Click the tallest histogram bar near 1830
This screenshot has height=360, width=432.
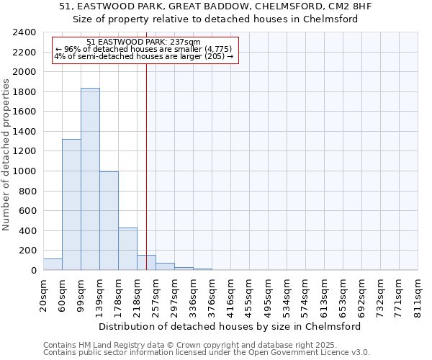pyautogui.click(x=90, y=179)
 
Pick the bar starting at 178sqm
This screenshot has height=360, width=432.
pyautogui.click(x=127, y=249)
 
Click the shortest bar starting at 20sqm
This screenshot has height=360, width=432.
pyautogui.click(x=53, y=264)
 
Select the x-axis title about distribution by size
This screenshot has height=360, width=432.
pyautogui.click(x=230, y=326)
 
